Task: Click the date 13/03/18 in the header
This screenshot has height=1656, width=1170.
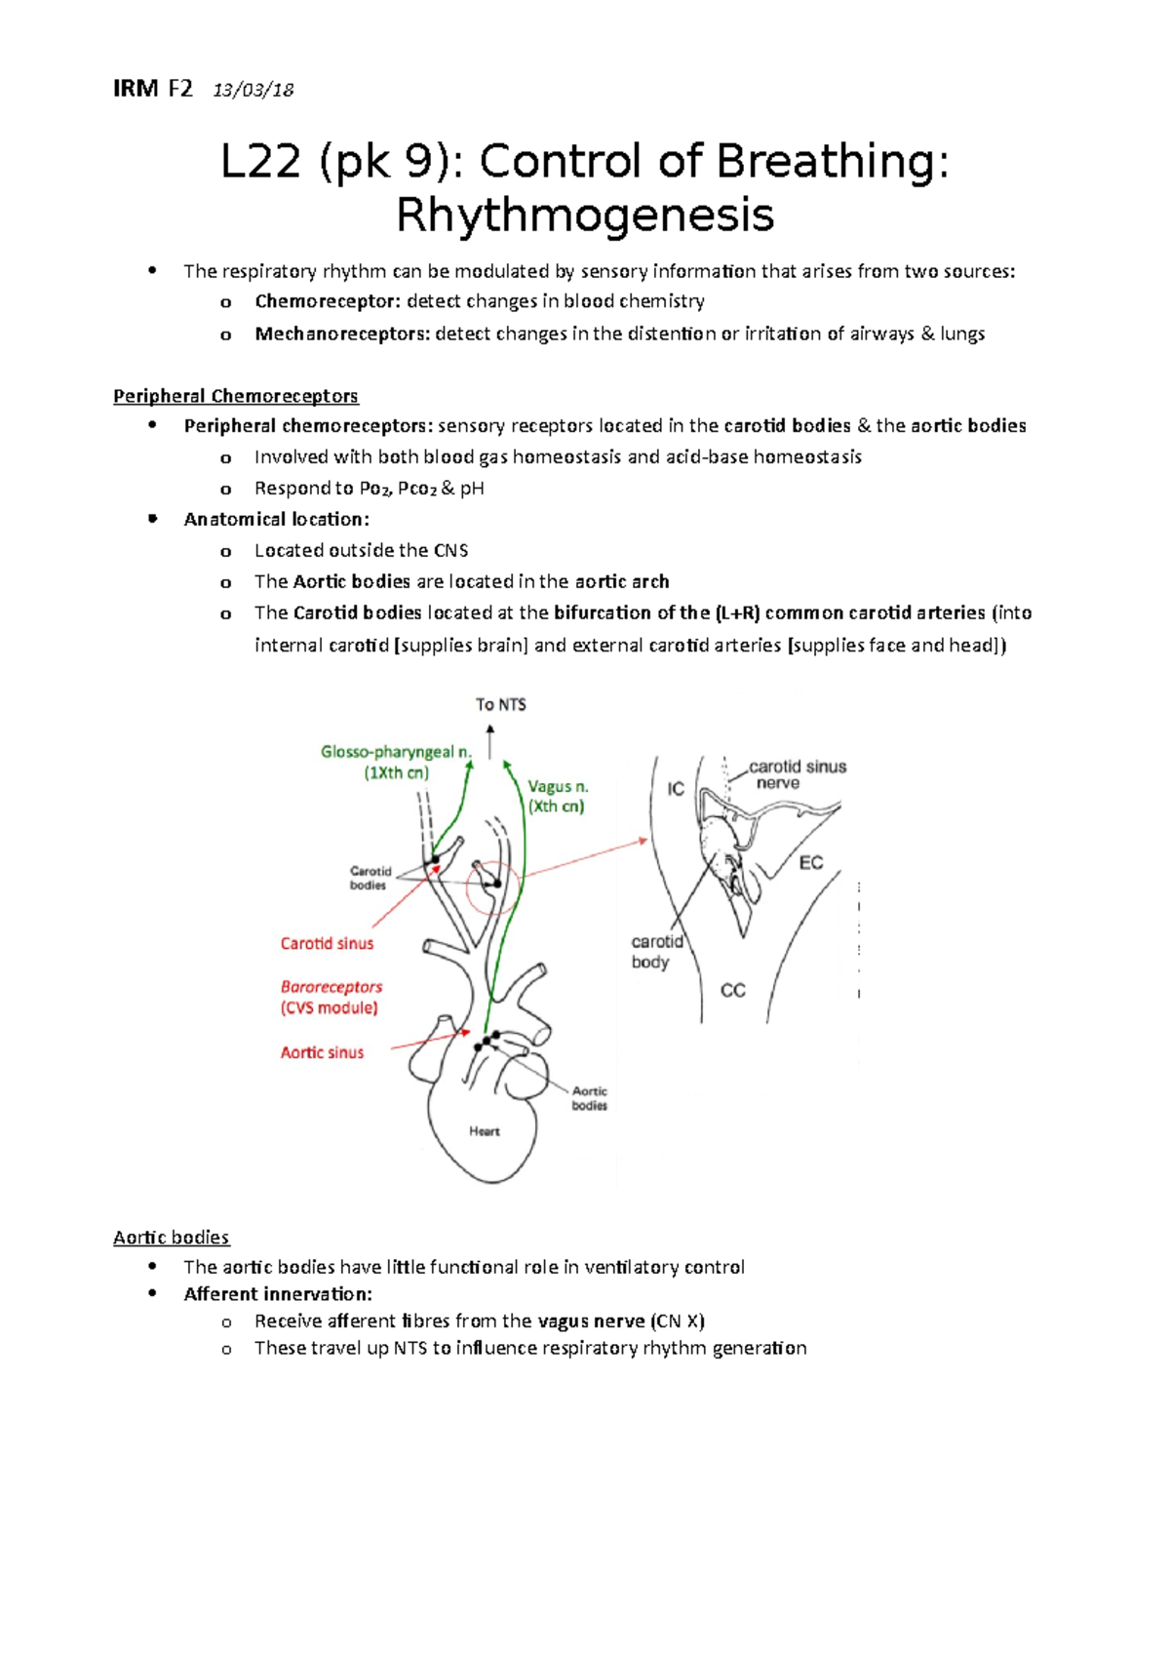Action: click(253, 91)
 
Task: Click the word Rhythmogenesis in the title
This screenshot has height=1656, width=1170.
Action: click(585, 215)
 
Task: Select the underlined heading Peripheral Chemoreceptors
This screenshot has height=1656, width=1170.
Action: click(236, 396)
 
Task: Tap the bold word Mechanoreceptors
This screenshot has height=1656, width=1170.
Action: click(341, 335)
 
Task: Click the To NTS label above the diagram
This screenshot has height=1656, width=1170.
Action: click(500, 704)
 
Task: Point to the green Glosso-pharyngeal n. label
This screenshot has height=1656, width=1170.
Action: click(396, 752)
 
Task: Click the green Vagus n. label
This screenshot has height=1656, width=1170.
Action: click(558, 786)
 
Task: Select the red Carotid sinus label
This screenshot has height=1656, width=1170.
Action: click(327, 943)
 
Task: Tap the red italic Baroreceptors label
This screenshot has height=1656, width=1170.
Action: click(331, 987)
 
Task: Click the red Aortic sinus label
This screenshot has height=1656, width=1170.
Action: click(322, 1052)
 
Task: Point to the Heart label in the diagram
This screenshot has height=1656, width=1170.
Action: click(484, 1131)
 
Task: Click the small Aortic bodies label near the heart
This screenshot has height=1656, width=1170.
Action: click(589, 1098)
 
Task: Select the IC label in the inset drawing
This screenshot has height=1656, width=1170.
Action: click(676, 789)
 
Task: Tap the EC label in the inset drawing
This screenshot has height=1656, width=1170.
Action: click(810, 863)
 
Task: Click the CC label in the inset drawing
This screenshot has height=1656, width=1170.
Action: click(733, 991)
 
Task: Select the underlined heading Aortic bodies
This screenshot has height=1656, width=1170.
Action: click(171, 1238)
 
